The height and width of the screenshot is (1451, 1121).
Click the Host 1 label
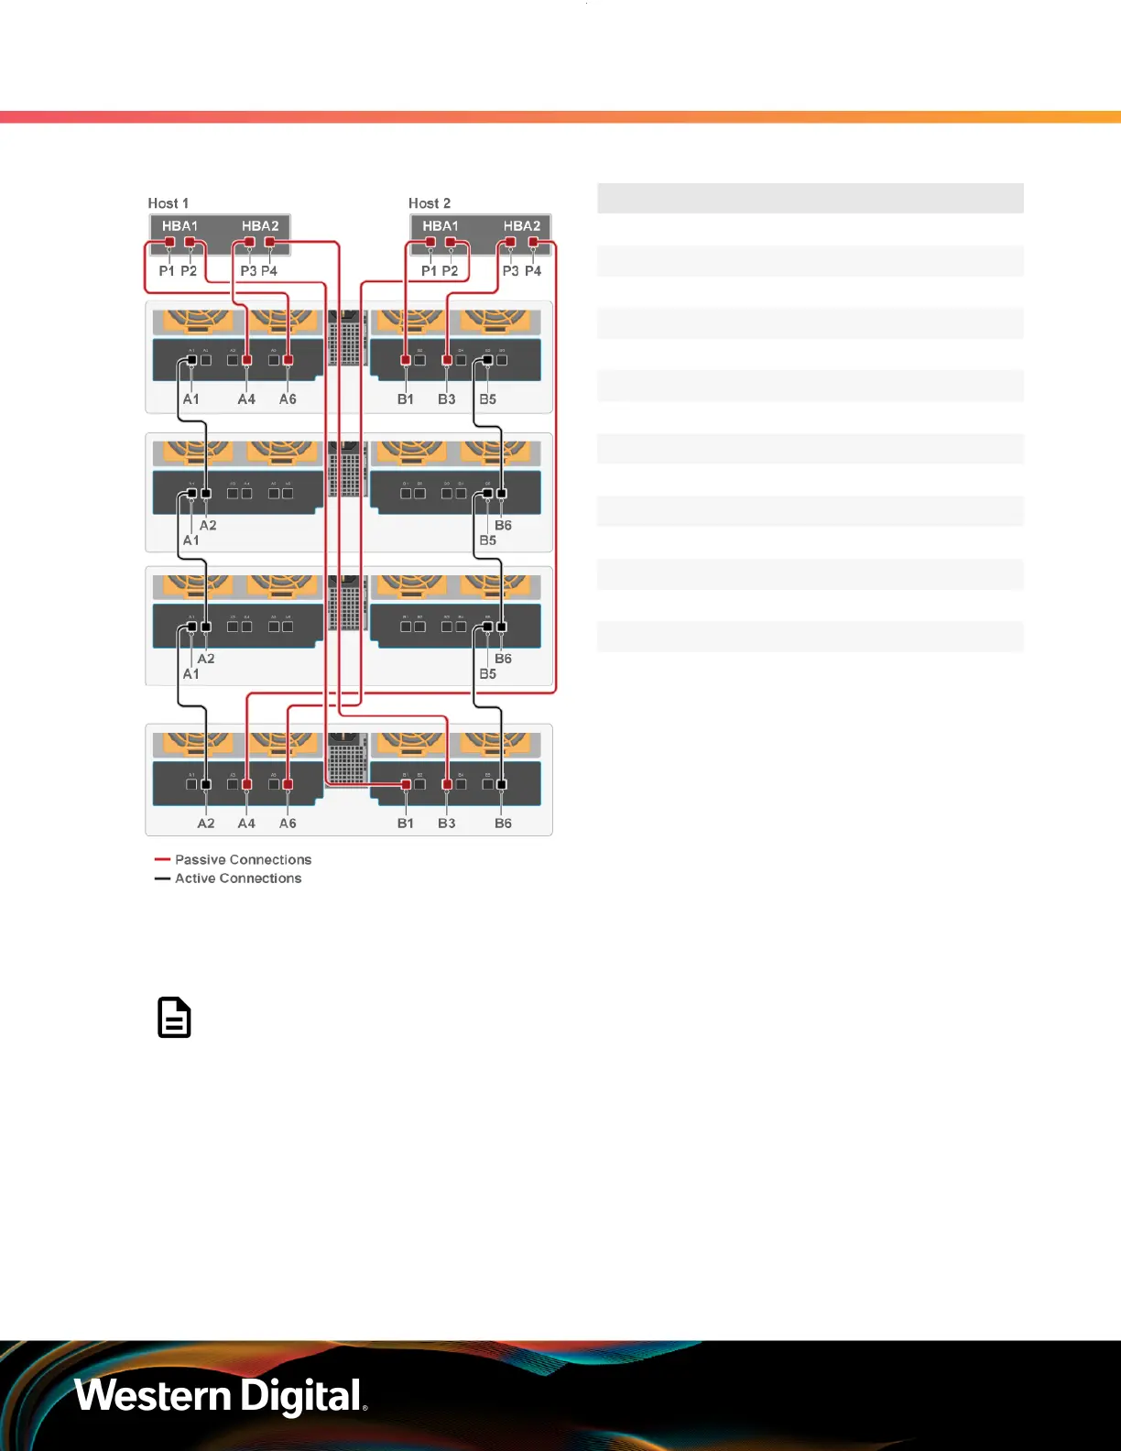point(168,203)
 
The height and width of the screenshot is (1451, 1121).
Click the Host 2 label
point(429,203)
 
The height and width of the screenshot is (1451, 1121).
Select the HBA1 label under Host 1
point(180,226)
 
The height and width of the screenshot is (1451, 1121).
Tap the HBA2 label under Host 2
point(521,226)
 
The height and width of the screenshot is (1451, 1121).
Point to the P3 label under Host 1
point(248,271)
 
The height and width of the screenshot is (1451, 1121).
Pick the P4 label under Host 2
point(533,271)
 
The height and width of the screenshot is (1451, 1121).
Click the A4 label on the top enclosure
point(246,399)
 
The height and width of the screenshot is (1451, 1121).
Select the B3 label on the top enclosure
point(446,399)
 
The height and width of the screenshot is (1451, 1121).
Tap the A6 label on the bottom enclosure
point(288,824)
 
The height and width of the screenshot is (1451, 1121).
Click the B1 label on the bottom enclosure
point(405,824)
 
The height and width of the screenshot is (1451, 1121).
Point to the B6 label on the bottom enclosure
point(503,824)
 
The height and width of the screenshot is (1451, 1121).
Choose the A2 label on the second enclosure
point(208,526)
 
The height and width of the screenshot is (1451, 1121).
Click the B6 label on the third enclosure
point(503,659)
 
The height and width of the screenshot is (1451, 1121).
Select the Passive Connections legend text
point(243,860)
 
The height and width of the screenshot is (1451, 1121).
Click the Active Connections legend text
point(238,878)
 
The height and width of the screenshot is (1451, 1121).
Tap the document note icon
point(174,1018)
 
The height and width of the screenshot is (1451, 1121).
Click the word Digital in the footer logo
point(301,1396)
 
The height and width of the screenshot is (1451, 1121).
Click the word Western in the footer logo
point(153,1396)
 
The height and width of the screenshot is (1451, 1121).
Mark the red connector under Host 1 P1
point(169,243)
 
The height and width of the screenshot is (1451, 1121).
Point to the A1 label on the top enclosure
point(190,399)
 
